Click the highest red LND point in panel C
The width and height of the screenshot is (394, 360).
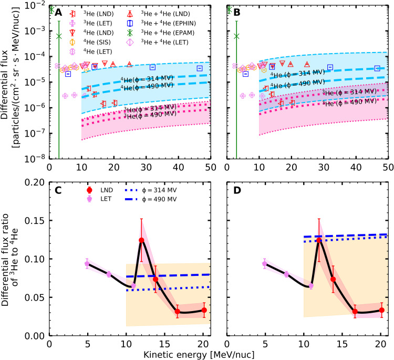[141, 240]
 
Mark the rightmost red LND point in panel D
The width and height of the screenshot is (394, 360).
[382, 310]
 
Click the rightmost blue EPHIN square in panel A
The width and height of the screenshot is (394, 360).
[200, 68]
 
